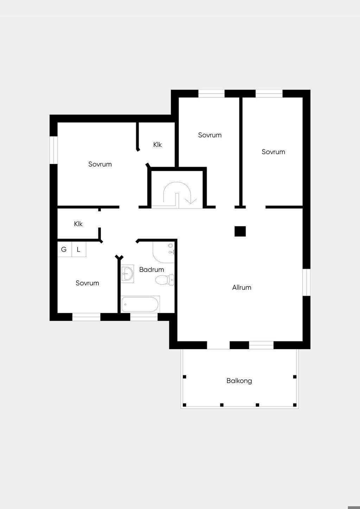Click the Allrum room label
[242, 288]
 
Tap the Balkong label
[239, 381]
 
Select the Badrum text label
[152, 270]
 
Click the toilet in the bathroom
[165, 280]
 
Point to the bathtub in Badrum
[140, 304]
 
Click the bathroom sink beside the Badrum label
[127, 273]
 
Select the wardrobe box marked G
[65, 249]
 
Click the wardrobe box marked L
[79, 249]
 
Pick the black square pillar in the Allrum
[240, 231]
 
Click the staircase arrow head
[191, 201]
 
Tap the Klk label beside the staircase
[157, 144]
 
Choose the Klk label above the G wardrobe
[78, 224]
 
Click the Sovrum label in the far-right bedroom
[273, 152]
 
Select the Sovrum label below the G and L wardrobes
[87, 283]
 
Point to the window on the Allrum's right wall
[307, 282]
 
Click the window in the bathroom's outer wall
[144, 317]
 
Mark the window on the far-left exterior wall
[54, 150]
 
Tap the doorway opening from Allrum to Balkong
[218, 345]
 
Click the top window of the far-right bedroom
[269, 94]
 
